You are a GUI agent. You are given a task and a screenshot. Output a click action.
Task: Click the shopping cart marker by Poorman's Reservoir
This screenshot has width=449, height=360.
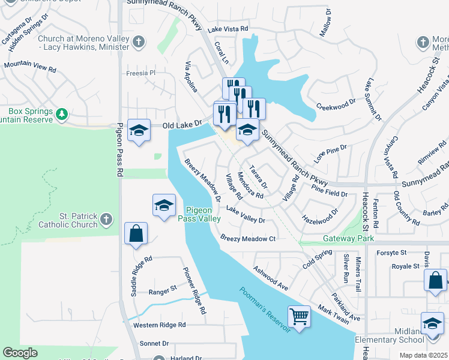(299, 315)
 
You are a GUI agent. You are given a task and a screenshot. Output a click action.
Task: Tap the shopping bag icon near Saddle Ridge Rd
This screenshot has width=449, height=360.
(136, 233)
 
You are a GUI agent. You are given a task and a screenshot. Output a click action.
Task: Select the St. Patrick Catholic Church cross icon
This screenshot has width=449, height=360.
(106, 219)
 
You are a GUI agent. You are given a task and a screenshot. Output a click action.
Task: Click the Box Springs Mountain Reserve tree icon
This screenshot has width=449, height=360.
(61, 113)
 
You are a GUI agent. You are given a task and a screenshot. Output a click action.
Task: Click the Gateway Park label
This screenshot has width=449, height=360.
(348, 239)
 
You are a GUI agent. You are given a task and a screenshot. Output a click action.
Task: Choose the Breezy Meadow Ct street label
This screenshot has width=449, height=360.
(247, 239)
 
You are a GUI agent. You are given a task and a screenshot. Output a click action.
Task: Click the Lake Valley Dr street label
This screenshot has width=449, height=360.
(246, 215)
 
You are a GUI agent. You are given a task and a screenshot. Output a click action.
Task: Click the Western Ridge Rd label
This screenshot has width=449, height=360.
(160, 325)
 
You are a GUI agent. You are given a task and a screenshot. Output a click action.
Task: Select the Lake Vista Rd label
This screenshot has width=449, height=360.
(228, 29)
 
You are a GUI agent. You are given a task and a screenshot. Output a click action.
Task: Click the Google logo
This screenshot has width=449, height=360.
(20, 353)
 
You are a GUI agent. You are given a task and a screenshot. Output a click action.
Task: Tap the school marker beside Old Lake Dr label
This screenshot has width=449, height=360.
(139, 131)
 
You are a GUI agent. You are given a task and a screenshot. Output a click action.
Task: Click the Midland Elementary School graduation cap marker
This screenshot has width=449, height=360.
(432, 324)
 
